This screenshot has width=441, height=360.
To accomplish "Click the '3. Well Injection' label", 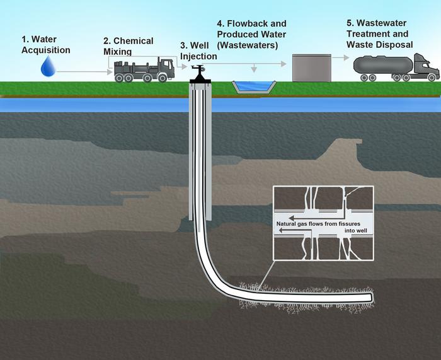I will point(198,51).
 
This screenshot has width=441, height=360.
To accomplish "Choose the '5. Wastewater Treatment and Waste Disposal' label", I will point(379,34).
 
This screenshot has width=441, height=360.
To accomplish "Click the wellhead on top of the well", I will point(199,74).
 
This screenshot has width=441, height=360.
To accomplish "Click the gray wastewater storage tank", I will point(311,67).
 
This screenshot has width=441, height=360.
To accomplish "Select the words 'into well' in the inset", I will point(357,231).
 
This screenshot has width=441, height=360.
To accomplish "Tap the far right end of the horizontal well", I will point(371,296).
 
